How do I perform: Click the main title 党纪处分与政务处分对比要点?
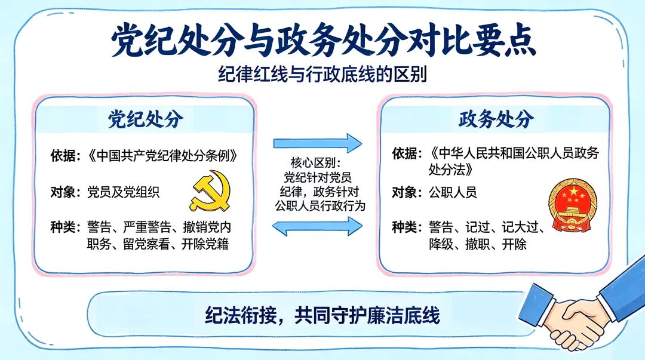click(323, 40)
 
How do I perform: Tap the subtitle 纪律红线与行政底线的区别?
click(322, 75)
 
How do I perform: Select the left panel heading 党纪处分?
click(145, 119)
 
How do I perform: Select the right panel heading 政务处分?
click(496, 119)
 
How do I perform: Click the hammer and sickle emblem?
click(210, 191)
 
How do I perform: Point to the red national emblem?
click(573, 205)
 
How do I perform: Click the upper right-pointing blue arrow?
click(318, 143)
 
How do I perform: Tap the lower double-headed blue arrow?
click(318, 226)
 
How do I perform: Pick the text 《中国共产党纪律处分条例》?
click(162, 156)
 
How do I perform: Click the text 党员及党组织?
click(123, 192)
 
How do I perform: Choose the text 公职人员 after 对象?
click(453, 192)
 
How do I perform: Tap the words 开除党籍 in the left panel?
click(205, 244)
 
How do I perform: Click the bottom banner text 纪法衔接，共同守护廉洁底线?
click(322, 316)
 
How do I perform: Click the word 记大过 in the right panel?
click(520, 227)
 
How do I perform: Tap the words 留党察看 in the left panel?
click(146, 244)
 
